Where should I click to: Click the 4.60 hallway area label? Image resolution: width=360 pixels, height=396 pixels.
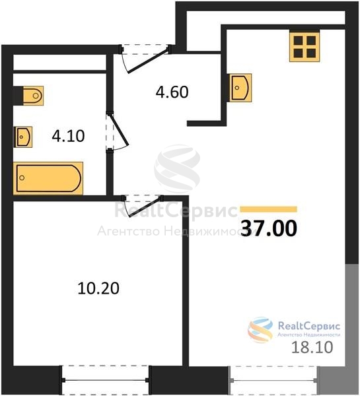pos(172,92)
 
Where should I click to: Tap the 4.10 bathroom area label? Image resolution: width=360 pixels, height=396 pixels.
pos(68,136)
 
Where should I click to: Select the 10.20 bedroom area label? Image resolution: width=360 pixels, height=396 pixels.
pos(98,288)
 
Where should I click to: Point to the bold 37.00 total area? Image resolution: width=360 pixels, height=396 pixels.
pos(269,228)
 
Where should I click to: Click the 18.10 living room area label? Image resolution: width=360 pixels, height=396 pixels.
pos(312,347)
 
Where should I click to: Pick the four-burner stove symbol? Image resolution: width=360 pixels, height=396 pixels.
pos(305,47)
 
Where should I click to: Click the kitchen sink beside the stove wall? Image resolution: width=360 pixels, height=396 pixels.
pos(240,88)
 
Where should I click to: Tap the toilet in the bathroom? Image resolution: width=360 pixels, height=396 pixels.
pos(33,96)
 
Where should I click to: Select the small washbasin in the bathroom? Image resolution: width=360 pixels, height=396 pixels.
pos(24,137)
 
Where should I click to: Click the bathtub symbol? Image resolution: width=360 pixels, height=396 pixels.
pos(48,178)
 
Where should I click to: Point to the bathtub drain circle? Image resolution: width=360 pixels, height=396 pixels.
pos(22,178)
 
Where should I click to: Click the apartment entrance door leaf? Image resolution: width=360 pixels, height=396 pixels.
pos(148,60)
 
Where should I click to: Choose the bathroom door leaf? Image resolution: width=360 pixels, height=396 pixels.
pos(118,130)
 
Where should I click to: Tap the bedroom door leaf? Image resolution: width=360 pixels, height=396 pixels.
pos(145,207)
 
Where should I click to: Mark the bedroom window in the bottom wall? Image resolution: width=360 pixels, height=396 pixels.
pos(105,379)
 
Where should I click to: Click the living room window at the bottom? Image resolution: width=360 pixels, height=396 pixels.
pos(273,379)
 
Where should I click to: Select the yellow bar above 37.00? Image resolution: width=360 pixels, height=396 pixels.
pos(268,209)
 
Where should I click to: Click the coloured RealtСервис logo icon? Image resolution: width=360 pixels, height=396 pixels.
pos(260,330)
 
